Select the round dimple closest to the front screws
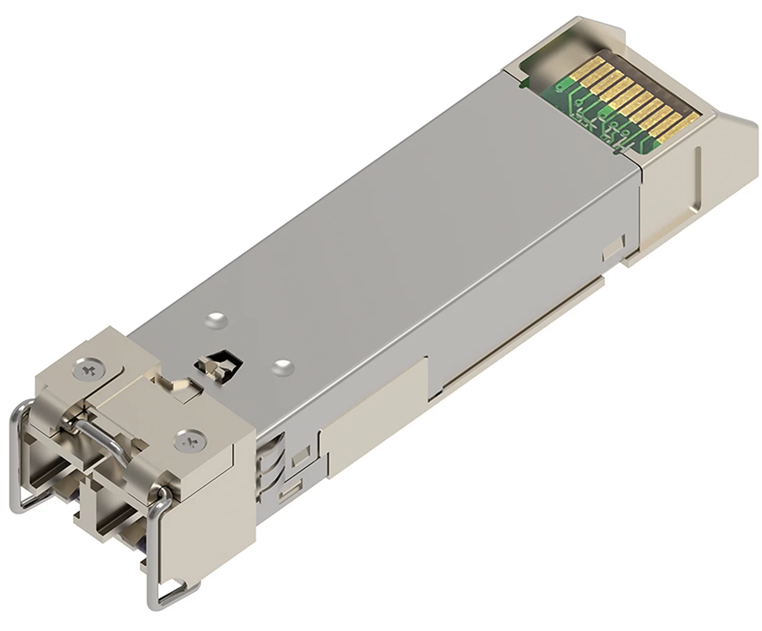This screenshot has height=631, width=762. point(216,320)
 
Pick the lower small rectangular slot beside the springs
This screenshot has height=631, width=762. point(291,491)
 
